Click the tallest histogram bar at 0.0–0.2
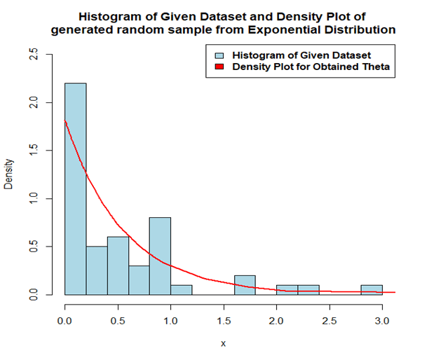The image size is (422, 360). (x=76, y=189)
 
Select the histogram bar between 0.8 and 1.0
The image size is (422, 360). (x=160, y=256)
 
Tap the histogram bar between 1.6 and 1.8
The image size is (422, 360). (x=245, y=285)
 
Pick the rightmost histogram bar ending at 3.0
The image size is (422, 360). (x=372, y=290)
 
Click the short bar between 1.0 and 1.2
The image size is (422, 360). (x=181, y=290)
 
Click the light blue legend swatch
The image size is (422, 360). (x=219, y=55)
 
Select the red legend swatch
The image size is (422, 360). (x=219, y=67)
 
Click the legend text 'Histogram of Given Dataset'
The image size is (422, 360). (x=301, y=55)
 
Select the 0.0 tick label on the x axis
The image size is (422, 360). (x=65, y=320)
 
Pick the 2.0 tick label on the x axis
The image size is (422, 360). (x=276, y=320)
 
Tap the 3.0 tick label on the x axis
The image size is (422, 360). (x=382, y=320)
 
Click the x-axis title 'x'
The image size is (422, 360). (x=224, y=345)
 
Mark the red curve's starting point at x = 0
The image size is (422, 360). (x=65, y=120)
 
